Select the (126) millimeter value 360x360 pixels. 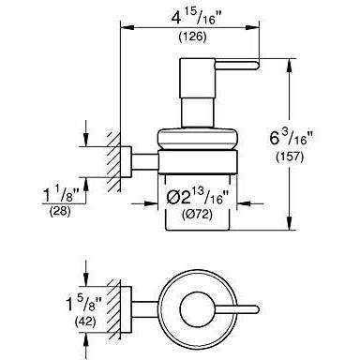pos(192,37)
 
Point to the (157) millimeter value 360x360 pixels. pos(290,157)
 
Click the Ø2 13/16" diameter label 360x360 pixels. pos(198,197)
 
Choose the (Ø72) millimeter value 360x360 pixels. pos(197,215)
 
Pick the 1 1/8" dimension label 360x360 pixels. pos(61,195)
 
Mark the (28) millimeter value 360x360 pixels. pos(60,212)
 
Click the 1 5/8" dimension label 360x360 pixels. pos(83,304)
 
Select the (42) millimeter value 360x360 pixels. pos(85,321)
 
